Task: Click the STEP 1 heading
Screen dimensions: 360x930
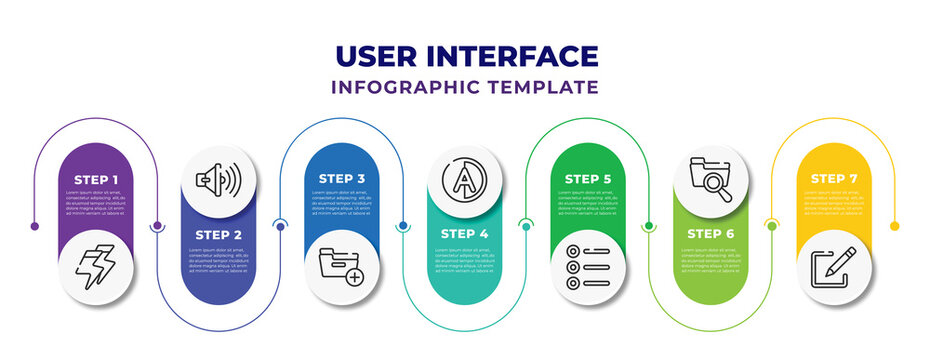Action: (x=96, y=179)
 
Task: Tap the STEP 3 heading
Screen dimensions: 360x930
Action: (x=342, y=179)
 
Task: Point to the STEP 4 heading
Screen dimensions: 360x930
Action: (x=465, y=233)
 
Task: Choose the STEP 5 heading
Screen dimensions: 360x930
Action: (x=588, y=179)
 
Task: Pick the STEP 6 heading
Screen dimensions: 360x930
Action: (x=711, y=233)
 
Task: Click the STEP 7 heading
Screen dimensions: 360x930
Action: (x=834, y=179)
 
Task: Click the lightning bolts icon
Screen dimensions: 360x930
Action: (x=96, y=268)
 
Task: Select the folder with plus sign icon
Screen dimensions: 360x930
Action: (x=342, y=267)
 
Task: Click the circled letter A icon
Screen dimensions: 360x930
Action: (x=465, y=180)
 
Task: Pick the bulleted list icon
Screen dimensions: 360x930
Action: (x=588, y=268)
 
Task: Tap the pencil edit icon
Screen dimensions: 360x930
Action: (x=834, y=267)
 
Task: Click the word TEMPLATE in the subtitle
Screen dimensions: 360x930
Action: (x=552, y=87)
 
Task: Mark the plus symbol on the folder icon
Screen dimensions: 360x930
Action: (x=354, y=274)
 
